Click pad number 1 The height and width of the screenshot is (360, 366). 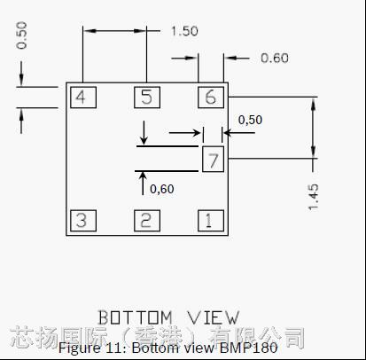211,221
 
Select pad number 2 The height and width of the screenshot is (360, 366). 147,221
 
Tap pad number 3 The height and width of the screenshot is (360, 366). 83,221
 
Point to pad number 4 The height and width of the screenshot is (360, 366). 83,98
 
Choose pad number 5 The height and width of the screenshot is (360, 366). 147,98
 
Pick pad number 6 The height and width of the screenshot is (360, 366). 211,98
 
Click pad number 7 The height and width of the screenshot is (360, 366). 213,159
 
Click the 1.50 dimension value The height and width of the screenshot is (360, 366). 184,31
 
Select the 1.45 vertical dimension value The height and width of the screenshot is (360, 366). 313,197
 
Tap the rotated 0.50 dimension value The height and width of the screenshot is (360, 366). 21,35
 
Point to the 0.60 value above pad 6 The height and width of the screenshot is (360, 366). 275,58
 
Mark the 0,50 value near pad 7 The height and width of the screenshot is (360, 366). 250,120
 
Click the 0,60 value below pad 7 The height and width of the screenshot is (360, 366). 162,189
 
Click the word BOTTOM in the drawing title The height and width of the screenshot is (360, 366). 135,317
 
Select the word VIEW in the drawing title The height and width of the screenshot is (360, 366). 214,317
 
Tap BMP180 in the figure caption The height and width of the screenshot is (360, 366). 249,348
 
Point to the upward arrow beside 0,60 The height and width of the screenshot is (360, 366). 143,184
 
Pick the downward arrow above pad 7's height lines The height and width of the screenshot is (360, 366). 144,133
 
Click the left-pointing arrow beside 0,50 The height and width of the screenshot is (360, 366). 239,133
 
